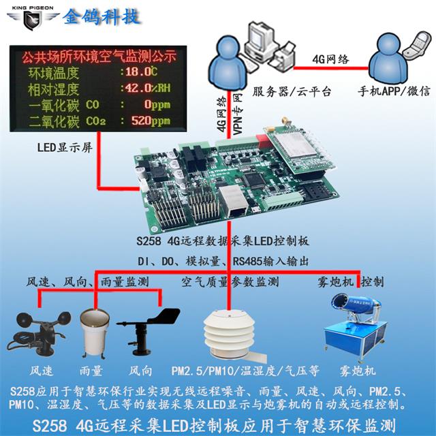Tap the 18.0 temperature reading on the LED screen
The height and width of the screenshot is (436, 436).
pos(140,72)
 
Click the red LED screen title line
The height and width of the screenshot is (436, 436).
pos(99,54)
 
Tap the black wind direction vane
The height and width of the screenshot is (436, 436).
pos(146,330)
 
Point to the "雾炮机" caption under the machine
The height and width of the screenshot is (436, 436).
pos(357,371)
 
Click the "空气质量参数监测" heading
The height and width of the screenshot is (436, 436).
pos(229,281)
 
